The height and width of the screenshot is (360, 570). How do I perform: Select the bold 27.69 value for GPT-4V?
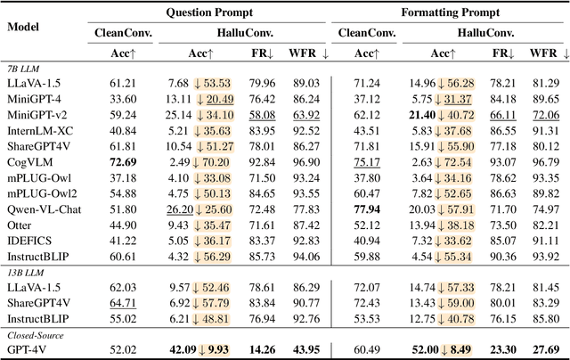coord(544,348)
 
